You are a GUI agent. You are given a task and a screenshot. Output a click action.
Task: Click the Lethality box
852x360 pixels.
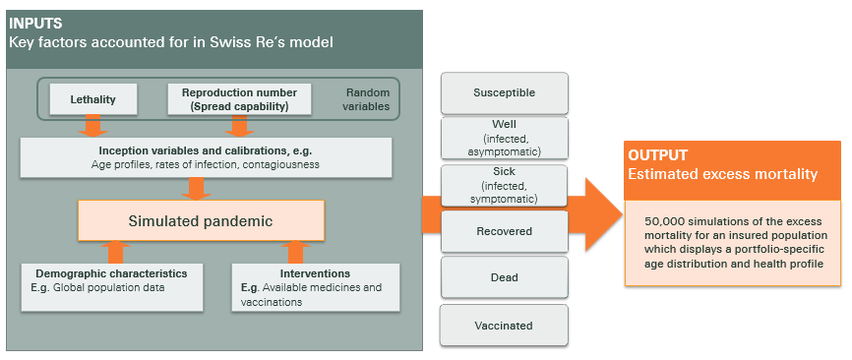pyautogui.click(x=94, y=99)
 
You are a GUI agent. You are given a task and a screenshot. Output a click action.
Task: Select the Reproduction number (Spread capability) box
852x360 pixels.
pyautogui.click(x=239, y=99)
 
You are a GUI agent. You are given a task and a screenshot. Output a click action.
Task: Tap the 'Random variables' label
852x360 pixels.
pyautogui.click(x=367, y=99)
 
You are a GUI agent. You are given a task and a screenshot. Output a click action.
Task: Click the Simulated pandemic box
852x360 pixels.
pyautogui.click(x=202, y=220)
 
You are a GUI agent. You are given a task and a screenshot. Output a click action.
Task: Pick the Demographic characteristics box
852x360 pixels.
pyautogui.click(x=112, y=284)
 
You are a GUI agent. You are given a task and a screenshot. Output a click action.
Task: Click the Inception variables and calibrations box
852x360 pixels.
pyautogui.click(x=207, y=156)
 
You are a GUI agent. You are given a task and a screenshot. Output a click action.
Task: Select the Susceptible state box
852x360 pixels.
pyautogui.click(x=504, y=92)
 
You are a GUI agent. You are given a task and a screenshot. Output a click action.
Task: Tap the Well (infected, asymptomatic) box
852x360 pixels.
pyautogui.click(x=504, y=139)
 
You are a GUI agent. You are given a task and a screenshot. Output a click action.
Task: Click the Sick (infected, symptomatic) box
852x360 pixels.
pyautogui.click(x=504, y=185)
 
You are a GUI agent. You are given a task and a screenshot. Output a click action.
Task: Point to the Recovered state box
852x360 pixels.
pyautogui.click(x=504, y=231)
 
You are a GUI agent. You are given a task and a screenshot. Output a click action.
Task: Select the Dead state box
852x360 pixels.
pyautogui.click(x=504, y=277)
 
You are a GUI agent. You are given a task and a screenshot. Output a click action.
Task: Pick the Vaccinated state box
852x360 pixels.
pyautogui.click(x=504, y=325)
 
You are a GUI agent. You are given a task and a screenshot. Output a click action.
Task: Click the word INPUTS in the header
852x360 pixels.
pyautogui.click(x=35, y=23)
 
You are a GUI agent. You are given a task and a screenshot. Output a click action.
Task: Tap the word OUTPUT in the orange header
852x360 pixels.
pyautogui.click(x=658, y=155)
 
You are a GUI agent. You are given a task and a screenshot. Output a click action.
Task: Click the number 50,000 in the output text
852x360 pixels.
pyautogui.click(x=667, y=221)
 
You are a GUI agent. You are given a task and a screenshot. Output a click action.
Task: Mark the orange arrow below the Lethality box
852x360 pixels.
pyautogui.click(x=93, y=126)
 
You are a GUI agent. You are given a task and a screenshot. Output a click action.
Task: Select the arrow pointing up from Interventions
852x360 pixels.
pyautogui.click(x=294, y=250)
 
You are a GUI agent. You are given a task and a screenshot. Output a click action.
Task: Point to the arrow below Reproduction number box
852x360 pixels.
pyautogui.click(x=239, y=126)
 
